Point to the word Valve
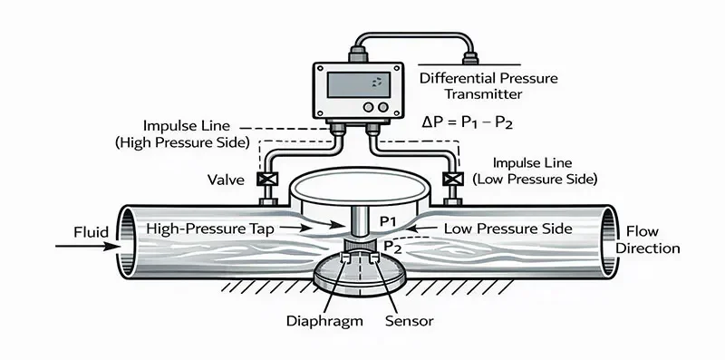tap(225, 180)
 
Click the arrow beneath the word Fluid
tap(95, 245)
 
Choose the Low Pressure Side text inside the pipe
tap(508, 229)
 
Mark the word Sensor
tap(409, 321)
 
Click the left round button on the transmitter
tap(369, 106)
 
